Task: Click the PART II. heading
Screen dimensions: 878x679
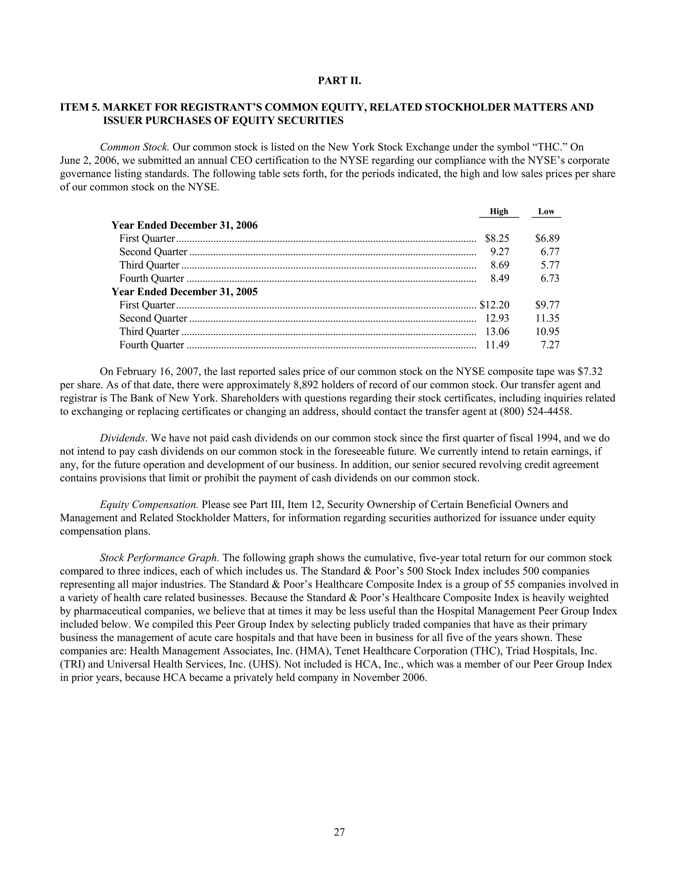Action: click(x=339, y=81)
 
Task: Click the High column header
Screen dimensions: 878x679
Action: click(x=498, y=211)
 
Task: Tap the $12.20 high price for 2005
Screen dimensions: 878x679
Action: click(x=494, y=305)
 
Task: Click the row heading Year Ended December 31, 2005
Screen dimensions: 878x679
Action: click(x=184, y=292)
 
